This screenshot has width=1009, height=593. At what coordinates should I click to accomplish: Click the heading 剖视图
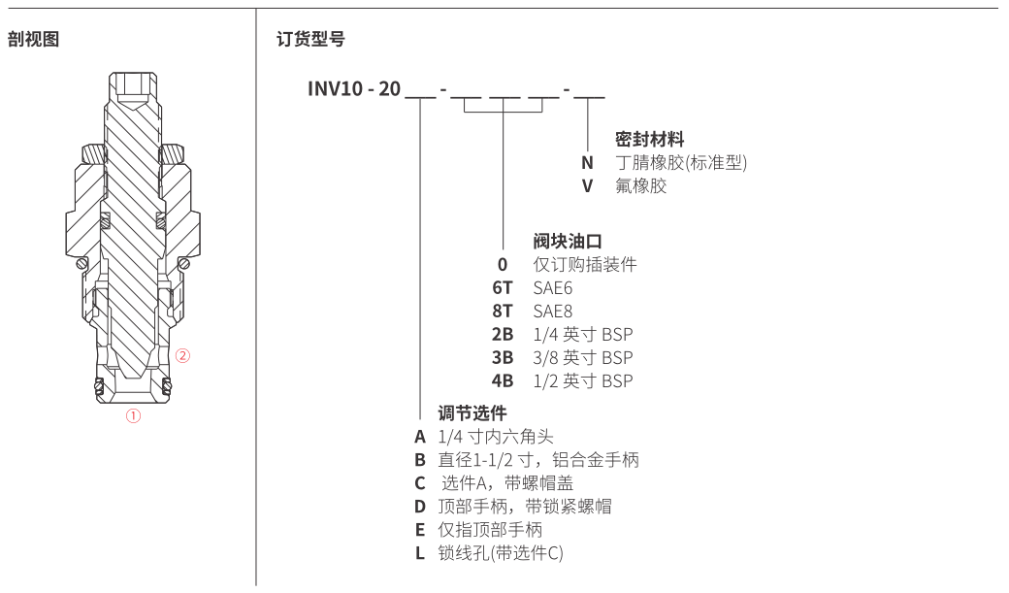point(33,39)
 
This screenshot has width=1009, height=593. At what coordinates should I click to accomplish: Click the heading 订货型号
point(310,39)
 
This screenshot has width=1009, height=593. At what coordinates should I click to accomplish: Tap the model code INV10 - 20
point(354,88)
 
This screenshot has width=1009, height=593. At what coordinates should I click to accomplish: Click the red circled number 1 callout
point(133,416)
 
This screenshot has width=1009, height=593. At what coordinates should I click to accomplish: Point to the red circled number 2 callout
point(182,355)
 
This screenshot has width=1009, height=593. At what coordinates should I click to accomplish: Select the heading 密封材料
point(649,139)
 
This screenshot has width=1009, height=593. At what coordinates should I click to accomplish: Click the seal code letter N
point(587,163)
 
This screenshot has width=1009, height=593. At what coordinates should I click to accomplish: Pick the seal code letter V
point(587,186)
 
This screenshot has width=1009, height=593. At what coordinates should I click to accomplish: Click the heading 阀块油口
point(568,242)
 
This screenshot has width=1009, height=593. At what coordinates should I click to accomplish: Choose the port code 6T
point(503,288)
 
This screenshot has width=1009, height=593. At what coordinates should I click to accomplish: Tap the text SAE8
point(553,311)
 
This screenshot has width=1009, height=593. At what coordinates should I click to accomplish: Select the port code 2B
point(503,334)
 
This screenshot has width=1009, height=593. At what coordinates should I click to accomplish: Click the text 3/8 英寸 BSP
point(583,357)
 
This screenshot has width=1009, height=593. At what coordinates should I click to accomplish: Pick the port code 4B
point(503,380)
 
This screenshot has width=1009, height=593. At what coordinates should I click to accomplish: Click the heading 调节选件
point(472,412)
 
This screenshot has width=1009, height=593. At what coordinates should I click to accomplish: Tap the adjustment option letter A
point(420,437)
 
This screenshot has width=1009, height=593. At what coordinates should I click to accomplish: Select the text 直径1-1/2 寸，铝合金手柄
point(538,460)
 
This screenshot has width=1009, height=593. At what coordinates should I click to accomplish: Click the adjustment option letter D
point(420,506)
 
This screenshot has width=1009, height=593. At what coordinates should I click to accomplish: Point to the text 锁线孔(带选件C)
point(501,552)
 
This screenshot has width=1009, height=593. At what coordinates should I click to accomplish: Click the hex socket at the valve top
point(133,86)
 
